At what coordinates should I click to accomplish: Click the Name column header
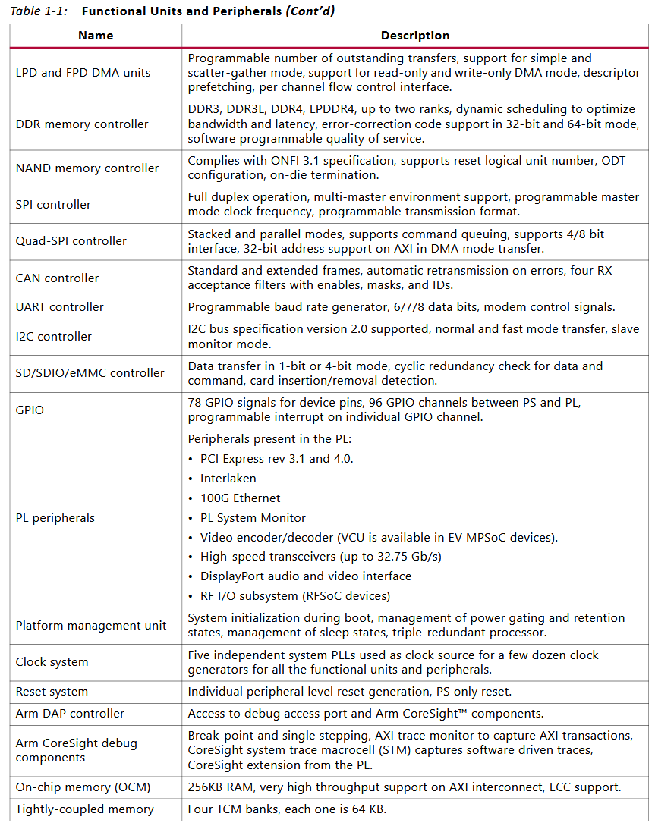click(96, 36)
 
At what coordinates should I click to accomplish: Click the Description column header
click(414, 36)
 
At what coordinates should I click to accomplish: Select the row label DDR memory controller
click(82, 124)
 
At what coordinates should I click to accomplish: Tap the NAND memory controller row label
click(87, 168)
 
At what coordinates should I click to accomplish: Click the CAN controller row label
click(57, 278)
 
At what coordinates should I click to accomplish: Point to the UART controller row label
click(60, 307)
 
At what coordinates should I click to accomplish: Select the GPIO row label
click(30, 410)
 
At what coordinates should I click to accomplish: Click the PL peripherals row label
click(55, 518)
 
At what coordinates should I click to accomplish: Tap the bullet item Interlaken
click(228, 479)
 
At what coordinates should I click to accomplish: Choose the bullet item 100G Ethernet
click(240, 498)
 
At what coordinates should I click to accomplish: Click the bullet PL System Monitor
click(253, 518)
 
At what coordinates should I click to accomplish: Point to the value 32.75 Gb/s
click(410, 557)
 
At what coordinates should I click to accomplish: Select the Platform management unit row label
click(91, 626)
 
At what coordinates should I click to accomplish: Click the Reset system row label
click(52, 692)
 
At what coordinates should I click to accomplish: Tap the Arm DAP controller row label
click(70, 714)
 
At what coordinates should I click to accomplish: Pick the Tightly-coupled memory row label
click(84, 809)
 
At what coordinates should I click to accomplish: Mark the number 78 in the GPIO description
click(195, 403)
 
